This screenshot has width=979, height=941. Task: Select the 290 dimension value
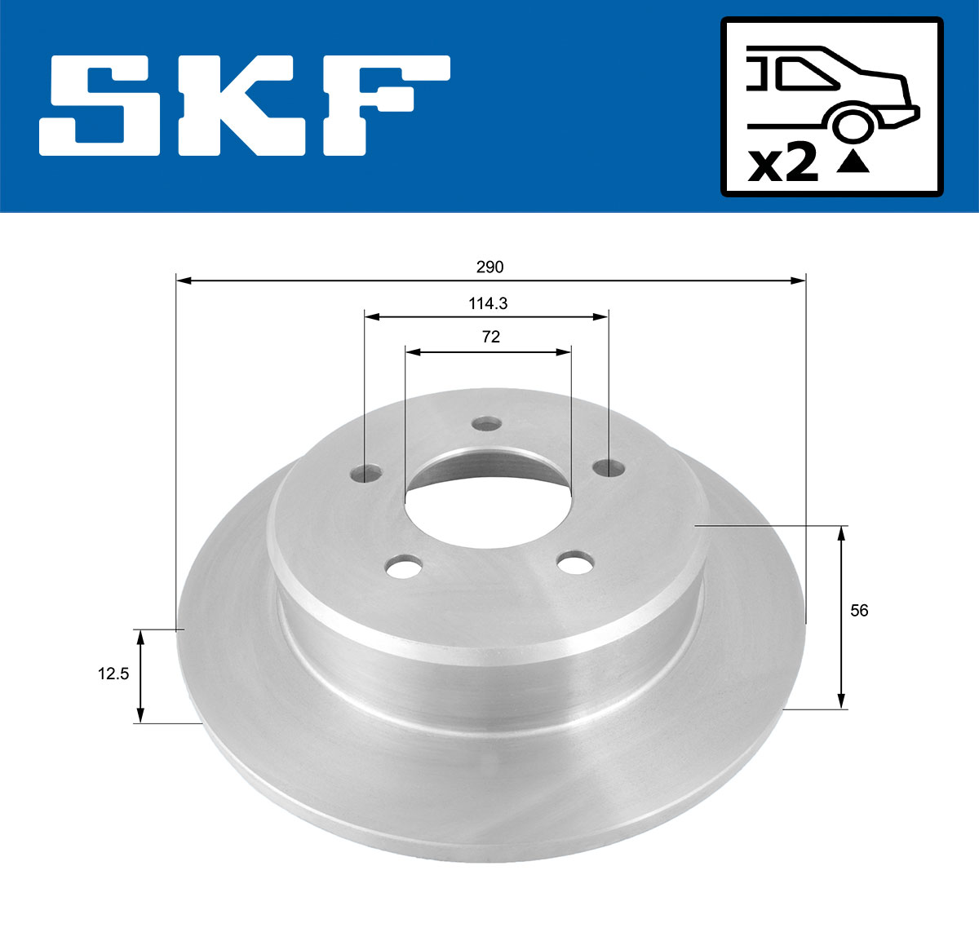[x=490, y=267]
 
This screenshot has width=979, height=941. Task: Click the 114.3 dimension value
[x=488, y=303]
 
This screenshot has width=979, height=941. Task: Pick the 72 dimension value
[x=490, y=337]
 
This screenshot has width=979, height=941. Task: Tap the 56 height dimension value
[x=859, y=610]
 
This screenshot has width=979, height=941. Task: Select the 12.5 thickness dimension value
[x=113, y=674]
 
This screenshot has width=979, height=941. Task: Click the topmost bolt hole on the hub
[x=486, y=423]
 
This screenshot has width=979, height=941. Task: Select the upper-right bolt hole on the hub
[x=608, y=466]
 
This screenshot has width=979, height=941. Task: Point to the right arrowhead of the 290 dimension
[x=799, y=281]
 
